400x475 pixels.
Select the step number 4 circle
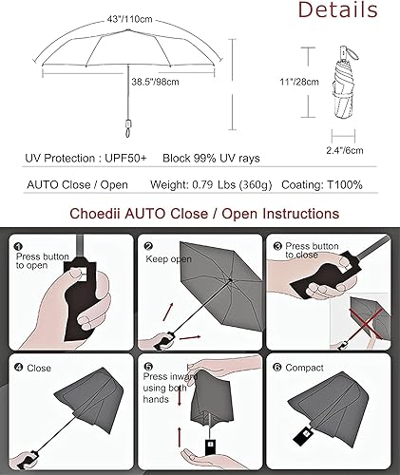19,366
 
